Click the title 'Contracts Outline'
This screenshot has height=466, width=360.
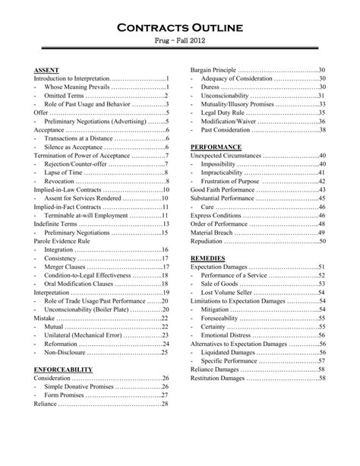pos(180,28)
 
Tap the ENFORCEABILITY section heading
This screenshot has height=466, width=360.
pos(64,369)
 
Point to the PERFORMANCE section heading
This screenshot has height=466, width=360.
pos(216,147)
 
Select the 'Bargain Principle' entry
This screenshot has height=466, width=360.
pos(214,70)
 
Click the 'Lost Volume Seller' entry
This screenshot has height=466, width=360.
pos(229,292)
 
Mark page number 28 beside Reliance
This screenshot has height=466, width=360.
pos(165,404)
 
